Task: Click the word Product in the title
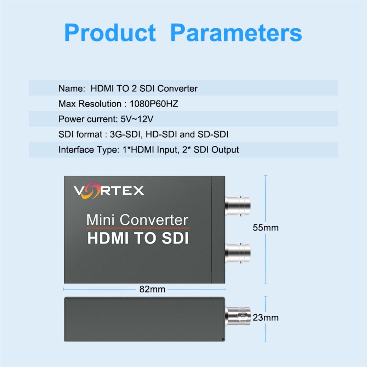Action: [110, 33]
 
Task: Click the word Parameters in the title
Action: [236, 33]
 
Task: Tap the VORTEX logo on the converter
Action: [109, 190]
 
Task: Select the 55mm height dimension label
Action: [266, 228]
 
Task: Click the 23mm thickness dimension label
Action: [266, 318]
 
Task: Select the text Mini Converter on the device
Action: [137, 220]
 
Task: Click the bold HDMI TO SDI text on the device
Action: [138, 238]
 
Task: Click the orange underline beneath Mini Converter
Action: [138, 228]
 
